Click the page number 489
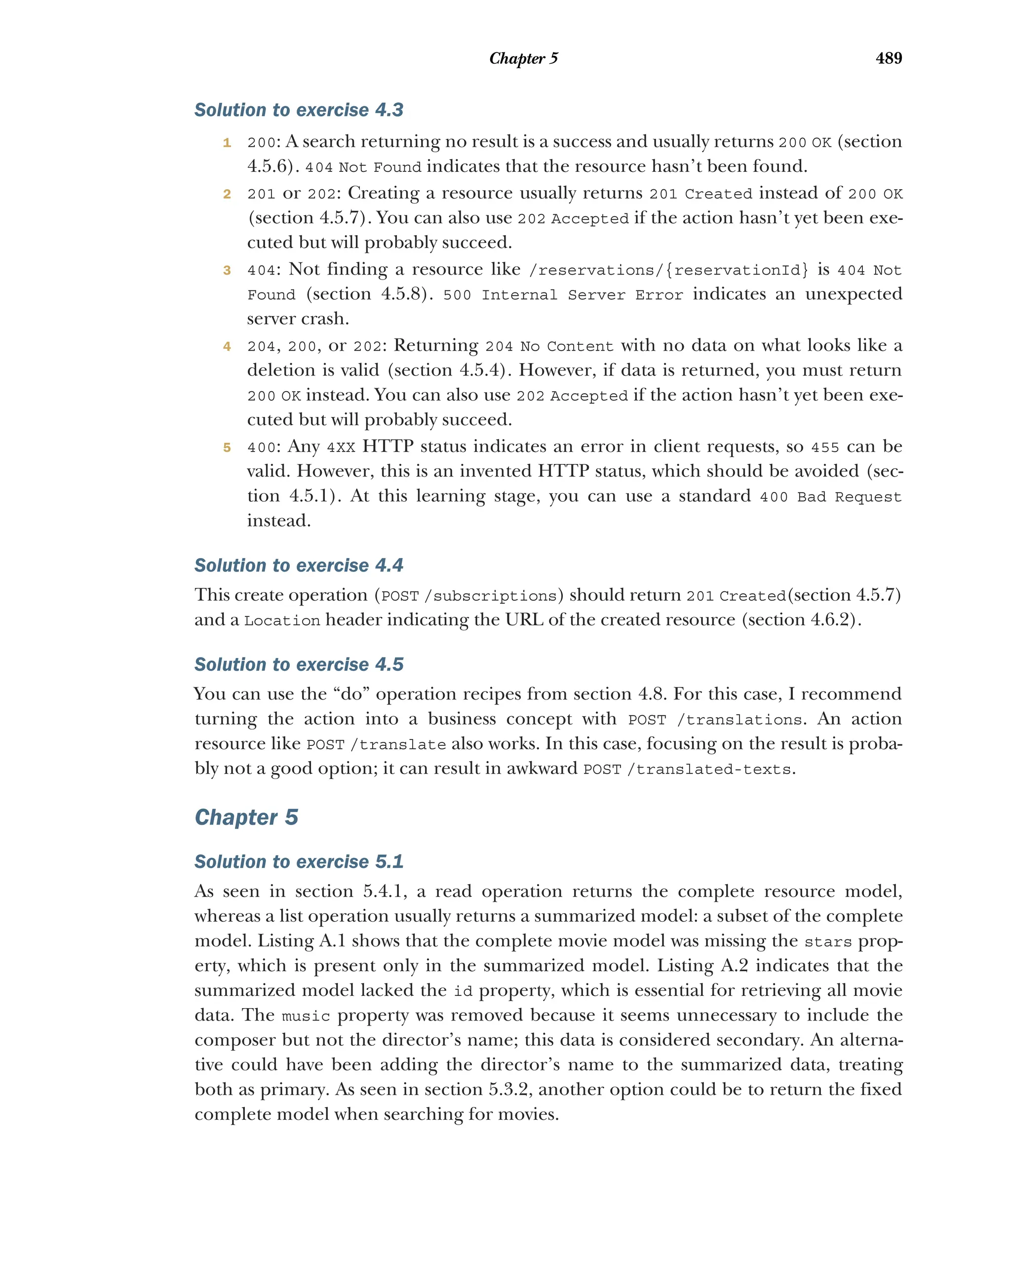[888, 58]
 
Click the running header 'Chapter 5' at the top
[523, 58]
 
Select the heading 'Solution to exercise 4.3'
[299, 110]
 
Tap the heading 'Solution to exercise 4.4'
[299, 565]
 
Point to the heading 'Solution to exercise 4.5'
[299, 664]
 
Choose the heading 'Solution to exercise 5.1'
[299, 861]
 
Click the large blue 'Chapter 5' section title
[246, 817]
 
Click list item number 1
[227, 142]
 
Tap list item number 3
[227, 270]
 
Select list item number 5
[227, 448]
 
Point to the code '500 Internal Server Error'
[563, 295]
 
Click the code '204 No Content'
[549, 346]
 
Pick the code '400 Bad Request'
[830, 497]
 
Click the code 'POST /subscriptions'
[469, 596]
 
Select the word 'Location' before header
[282, 620]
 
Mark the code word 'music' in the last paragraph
[305, 1017]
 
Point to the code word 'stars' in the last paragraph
[827, 942]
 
